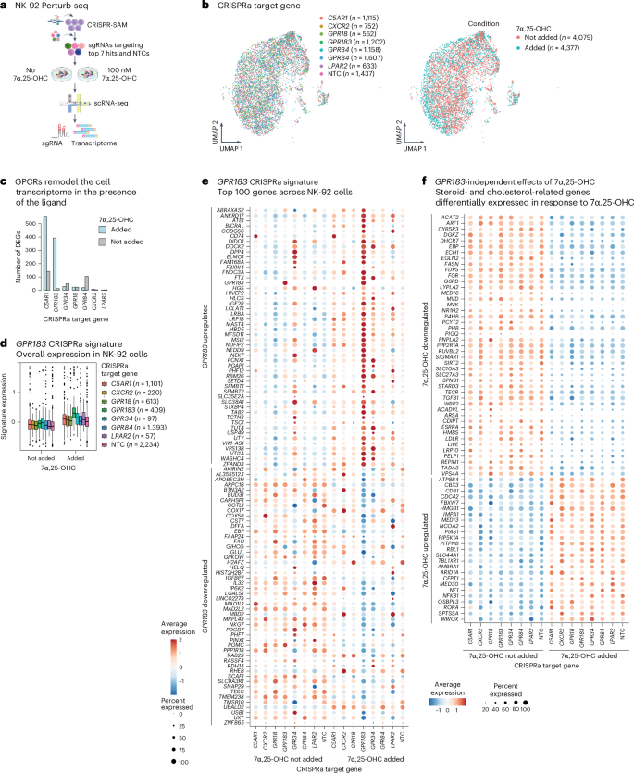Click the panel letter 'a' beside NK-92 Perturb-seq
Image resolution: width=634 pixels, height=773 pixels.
[x=5, y=6]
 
